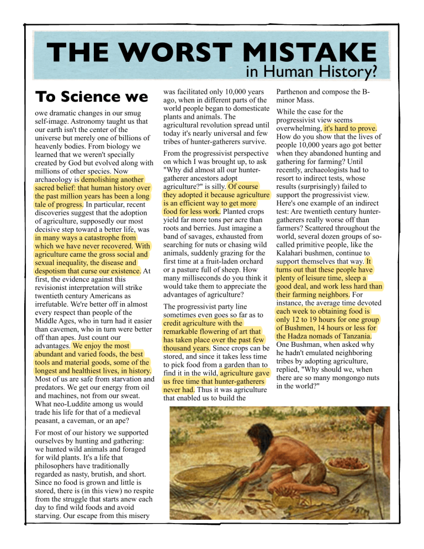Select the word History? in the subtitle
[x=347, y=71]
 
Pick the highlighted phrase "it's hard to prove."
[x=350, y=128]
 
